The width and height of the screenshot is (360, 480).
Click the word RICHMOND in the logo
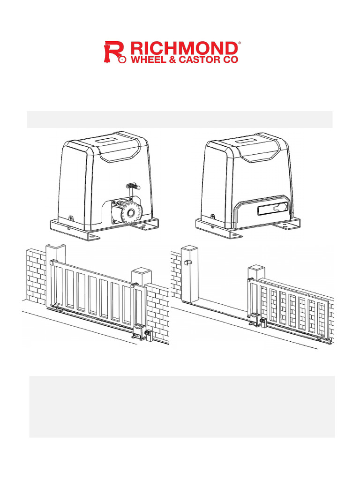184,48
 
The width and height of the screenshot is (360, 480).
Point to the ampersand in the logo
172,60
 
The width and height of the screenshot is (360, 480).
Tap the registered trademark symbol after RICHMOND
239,43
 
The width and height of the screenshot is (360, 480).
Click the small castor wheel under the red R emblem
122,59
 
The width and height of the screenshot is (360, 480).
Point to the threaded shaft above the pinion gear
133,186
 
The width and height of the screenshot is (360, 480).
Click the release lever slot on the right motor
273,210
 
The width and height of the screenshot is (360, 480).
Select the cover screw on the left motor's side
71,218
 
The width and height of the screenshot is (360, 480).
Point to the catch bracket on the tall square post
187,262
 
